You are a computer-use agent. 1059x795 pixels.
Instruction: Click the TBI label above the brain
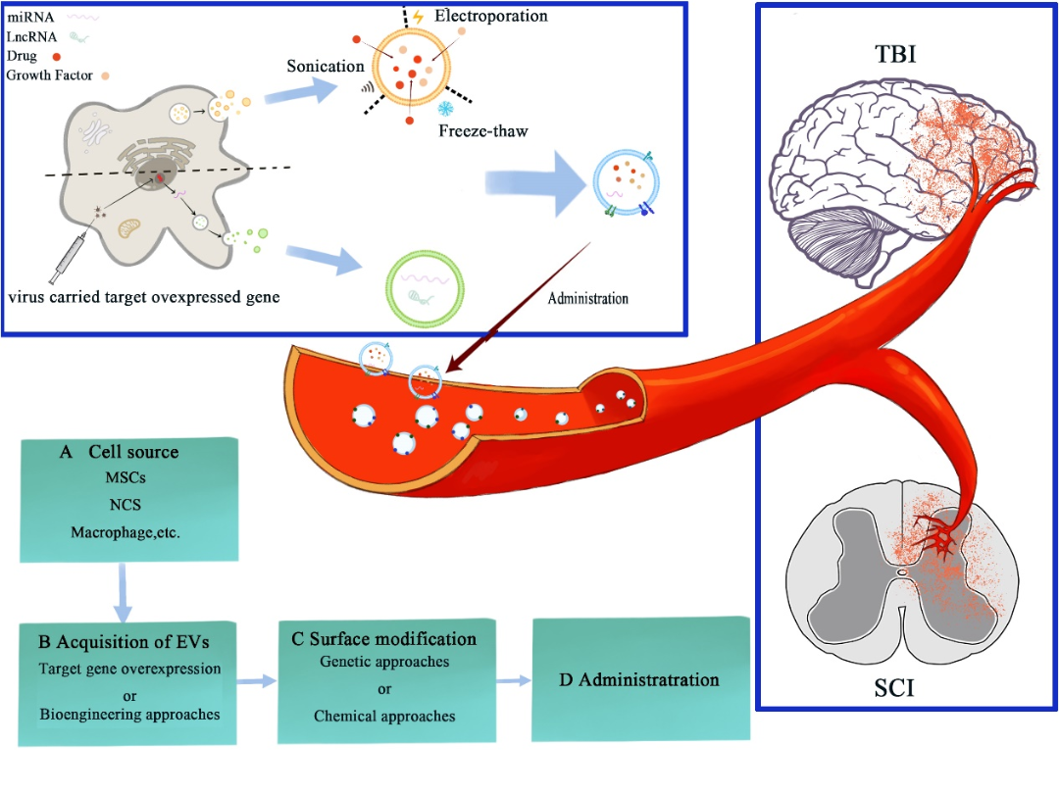(895, 54)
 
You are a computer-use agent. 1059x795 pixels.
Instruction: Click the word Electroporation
(490, 16)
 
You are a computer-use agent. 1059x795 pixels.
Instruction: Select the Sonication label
(326, 66)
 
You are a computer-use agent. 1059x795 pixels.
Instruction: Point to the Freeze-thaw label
(483, 130)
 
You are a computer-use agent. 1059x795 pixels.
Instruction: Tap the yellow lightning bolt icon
(419, 16)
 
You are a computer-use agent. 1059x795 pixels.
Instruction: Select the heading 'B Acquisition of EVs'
(124, 642)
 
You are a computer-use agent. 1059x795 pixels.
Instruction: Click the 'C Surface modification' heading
(384, 638)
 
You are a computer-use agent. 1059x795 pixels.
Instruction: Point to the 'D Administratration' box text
(638, 679)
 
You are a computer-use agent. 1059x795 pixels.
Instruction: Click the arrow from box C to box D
(510, 678)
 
